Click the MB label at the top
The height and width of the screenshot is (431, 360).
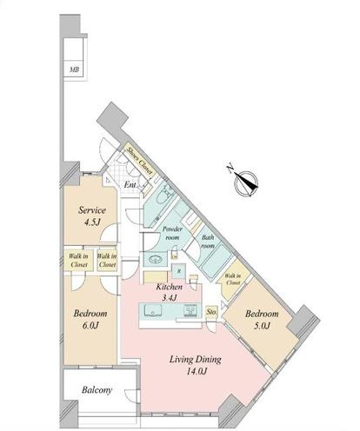pos(74,70)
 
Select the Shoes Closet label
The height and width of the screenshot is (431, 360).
pos(139,160)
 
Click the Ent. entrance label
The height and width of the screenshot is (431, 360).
pos(130,185)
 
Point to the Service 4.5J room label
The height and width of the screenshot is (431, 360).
pos(92,215)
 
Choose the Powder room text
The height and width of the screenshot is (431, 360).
pos(172,233)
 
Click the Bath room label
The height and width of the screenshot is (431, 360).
pos(208,242)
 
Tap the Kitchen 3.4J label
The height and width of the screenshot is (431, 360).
pos(169,292)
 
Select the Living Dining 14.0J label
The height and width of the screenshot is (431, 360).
pos(195,365)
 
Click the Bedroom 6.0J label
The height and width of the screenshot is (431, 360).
pos(90,319)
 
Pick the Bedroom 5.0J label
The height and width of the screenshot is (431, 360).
pos(262,320)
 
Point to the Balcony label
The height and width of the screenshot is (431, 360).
pos(97,390)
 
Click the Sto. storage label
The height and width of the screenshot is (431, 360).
pos(211,312)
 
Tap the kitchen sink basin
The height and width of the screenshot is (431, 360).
pos(153,310)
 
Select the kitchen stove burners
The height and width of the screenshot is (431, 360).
pos(190,310)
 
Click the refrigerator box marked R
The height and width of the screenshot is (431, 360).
pos(179,271)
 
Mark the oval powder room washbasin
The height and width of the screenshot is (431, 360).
pos(156,259)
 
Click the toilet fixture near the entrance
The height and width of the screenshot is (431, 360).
pos(161,197)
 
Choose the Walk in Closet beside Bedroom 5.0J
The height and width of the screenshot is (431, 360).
pos(233,279)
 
